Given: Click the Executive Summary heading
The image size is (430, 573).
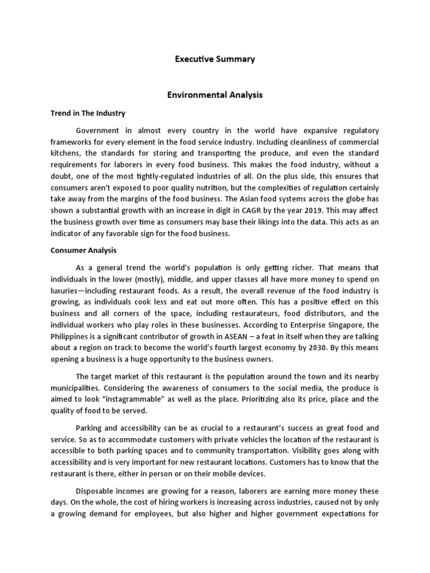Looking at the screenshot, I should (215, 59).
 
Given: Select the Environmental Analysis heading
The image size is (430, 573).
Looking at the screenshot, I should (215, 95).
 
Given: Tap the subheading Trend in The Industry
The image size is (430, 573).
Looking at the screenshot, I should (85, 114).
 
